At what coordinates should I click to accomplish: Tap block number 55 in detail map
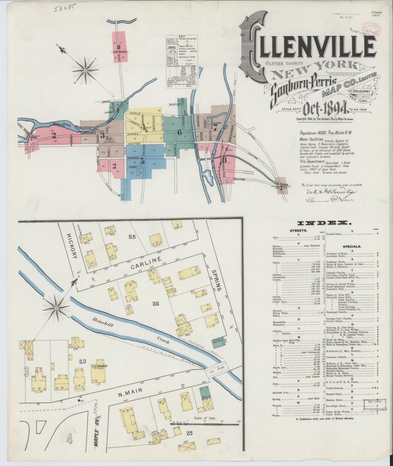(132, 237)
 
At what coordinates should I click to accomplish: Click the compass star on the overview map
(85, 71)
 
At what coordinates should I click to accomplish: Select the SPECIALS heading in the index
(352, 247)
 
